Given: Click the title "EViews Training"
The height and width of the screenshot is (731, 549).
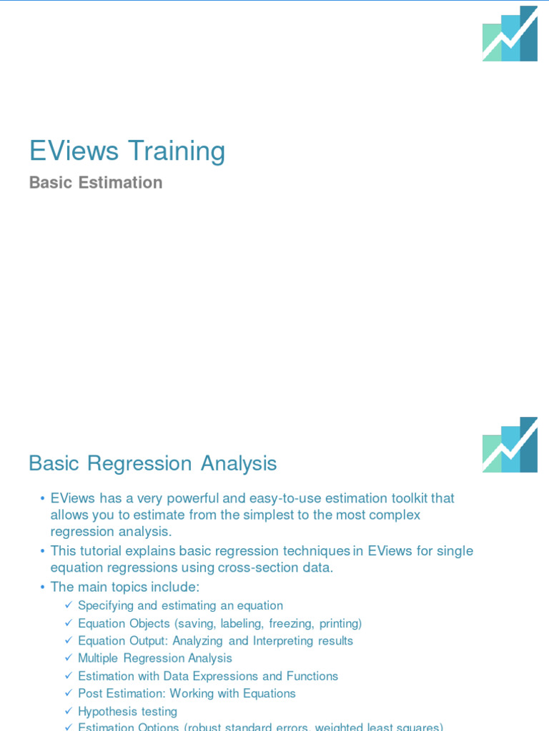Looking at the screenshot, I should click(x=127, y=151).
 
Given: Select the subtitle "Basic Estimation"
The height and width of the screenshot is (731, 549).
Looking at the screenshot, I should click(x=96, y=183).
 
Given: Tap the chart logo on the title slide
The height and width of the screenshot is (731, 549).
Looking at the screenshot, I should click(x=510, y=34).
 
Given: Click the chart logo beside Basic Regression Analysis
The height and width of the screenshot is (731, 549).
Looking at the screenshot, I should click(x=510, y=445).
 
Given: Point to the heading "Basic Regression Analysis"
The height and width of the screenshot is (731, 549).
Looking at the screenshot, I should click(x=152, y=463).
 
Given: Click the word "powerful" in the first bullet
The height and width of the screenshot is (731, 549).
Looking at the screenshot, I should click(x=190, y=498).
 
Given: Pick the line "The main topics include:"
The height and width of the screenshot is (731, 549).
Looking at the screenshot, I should click(x=125, y=587).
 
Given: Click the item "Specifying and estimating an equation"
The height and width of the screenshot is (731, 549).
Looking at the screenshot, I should click(x=180, y=605).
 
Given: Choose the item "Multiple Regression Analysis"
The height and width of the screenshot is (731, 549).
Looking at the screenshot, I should click(x=155, y=658).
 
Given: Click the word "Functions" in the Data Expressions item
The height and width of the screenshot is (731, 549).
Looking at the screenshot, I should click(x=312, y=676).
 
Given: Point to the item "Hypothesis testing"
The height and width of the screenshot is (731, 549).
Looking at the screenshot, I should click(x=127, y=711).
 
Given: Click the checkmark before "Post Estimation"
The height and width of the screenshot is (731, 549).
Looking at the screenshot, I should click(x=68, y=693).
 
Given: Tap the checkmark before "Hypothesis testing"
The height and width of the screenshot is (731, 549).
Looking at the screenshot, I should click(x=68, y=711).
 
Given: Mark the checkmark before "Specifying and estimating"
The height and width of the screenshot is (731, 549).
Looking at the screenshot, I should click(x=68, y=605).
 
